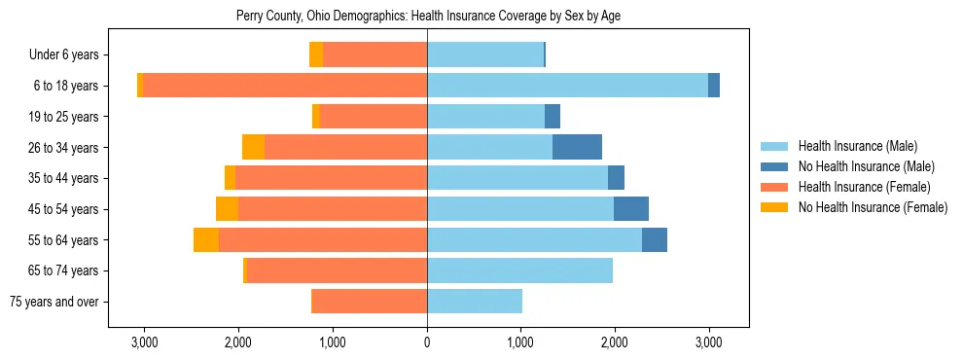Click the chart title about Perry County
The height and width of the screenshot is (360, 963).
point(428,16)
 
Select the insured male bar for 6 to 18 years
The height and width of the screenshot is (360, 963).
point(567,86)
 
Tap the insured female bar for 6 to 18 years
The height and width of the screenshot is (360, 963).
point(285,86)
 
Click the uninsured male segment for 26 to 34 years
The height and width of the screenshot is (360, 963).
point(577,147)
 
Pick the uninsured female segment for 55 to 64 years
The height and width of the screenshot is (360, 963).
point(206,239)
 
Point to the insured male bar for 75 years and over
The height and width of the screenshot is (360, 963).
point(475,302)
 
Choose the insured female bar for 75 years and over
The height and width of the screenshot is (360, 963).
point(369,302)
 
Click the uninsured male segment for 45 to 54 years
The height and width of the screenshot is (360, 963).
point(630,209)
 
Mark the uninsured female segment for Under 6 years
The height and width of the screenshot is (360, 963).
point(316,54)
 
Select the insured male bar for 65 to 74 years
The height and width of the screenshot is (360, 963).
point(519,270)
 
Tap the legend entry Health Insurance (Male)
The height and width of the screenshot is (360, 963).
point(857,146)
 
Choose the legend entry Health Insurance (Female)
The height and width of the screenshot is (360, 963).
point(864,187)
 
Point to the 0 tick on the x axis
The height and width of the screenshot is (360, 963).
point(427,342)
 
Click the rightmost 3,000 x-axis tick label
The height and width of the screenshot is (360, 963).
point(708,342)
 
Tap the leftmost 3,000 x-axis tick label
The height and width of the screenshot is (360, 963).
point(144,342)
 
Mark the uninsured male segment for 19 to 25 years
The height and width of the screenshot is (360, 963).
point(553,117)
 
